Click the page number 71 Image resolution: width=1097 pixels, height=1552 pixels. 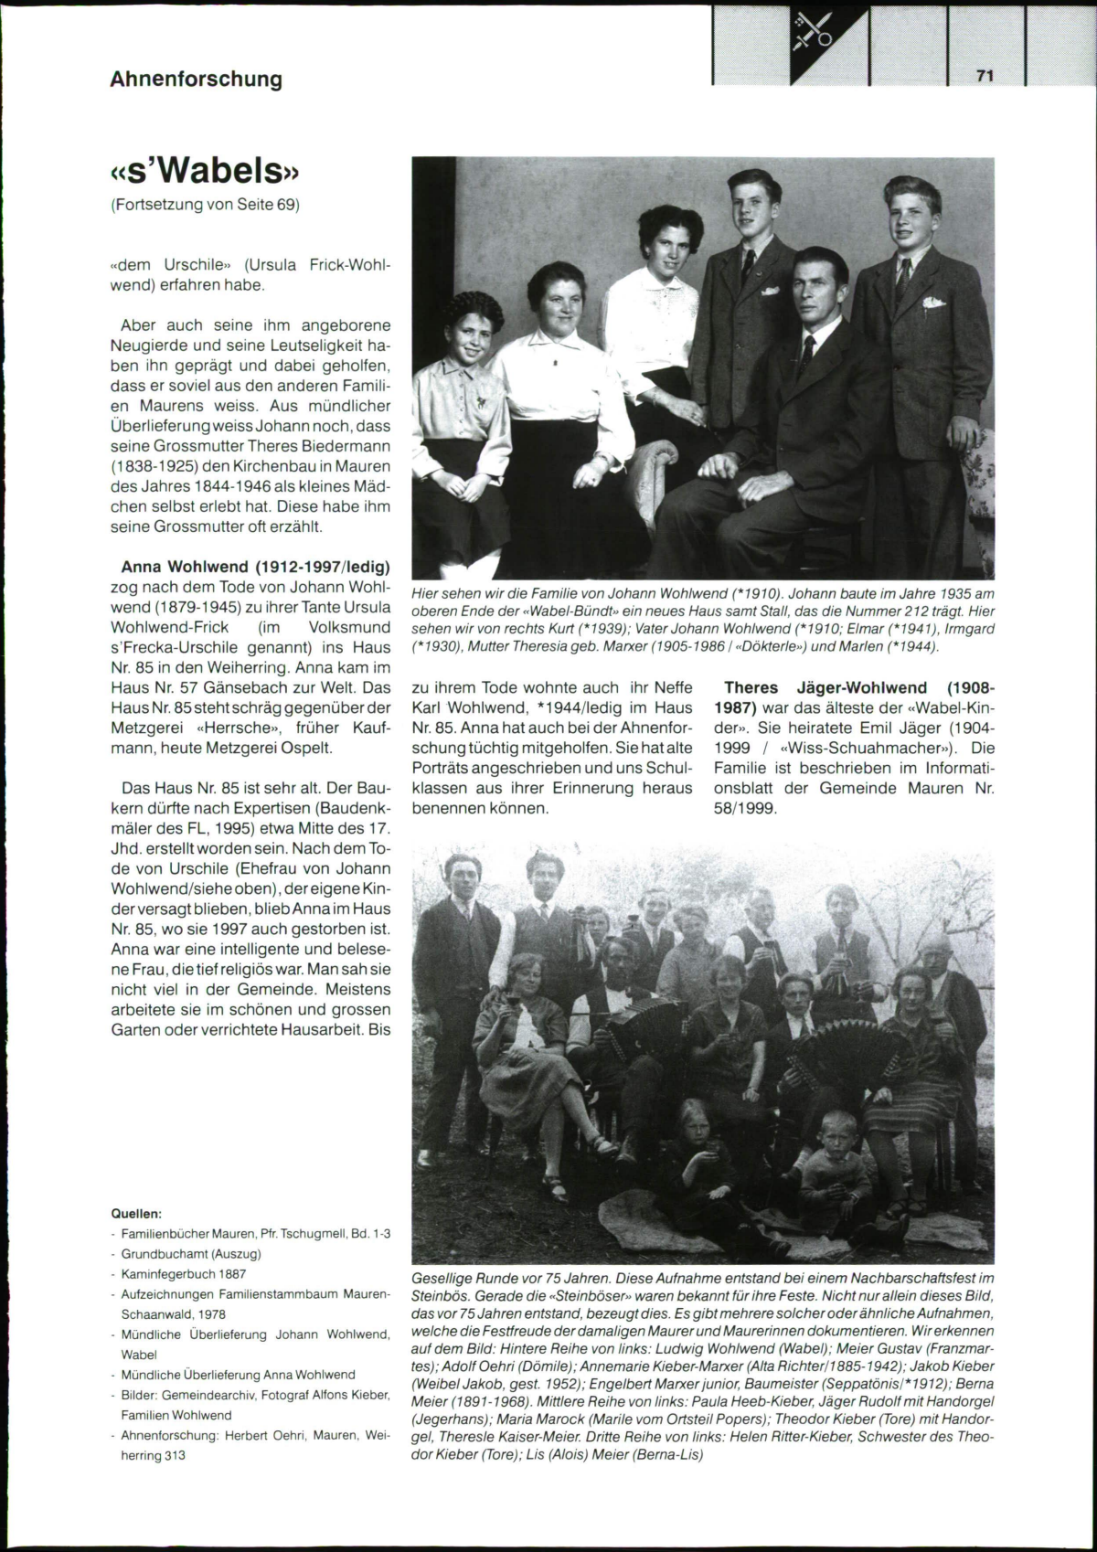click(984, 77)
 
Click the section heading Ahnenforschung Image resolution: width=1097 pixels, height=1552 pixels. click(196, 80)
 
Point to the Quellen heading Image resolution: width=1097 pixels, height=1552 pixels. click(135, 1214)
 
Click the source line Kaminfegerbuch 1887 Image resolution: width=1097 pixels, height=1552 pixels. click(183, 1273)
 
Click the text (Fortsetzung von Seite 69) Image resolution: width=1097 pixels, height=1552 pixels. click(205, 204)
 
